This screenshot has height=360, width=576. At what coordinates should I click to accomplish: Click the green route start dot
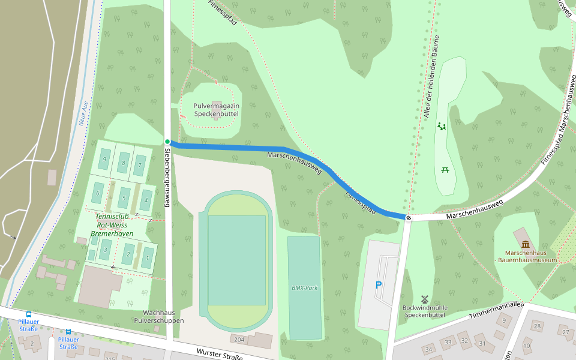[x=168, y=142]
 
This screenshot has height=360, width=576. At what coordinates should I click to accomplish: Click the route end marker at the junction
[x=408, y=217]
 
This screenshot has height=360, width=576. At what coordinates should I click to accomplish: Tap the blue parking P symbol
[x=378, y=285]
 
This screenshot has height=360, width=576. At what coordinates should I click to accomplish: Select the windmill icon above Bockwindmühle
[x=424, y=298]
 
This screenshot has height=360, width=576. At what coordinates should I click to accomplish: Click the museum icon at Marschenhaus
[x=526, y=244]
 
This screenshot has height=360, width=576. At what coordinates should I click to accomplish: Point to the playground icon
[x=442, y=126]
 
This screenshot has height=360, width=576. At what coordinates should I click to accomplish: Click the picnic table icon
[x=445, y=170]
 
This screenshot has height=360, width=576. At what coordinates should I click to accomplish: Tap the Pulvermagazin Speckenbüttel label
[x=216, y=110]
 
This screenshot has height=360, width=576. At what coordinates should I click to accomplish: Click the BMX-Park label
[x=304, y=288]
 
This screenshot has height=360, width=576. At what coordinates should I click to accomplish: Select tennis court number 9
[x=105, y=159]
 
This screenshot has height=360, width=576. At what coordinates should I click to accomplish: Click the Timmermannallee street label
[x=496, y=310]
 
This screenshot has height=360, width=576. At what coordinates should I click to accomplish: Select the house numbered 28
[x=538, y=326]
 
